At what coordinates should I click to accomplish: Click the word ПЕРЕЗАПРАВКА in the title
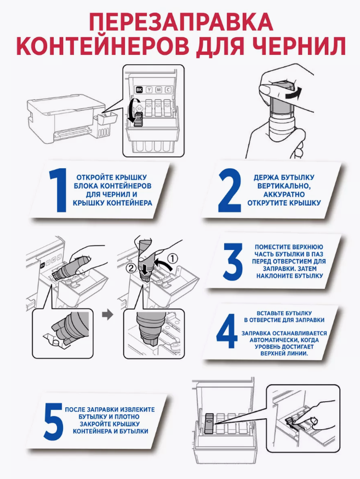pos(181,22)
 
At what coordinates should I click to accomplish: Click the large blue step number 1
pos(58,190)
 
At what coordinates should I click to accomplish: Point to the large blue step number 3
pos(233,261)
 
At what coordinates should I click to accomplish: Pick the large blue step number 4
pos(227,332)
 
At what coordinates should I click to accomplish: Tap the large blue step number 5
pos(54,421)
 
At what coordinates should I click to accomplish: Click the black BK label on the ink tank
pos(139,90)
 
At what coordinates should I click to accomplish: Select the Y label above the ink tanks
pos(149,90)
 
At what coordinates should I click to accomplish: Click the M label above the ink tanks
pos(159,90)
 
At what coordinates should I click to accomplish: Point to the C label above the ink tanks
pos(168,90)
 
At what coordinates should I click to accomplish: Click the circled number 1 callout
pos(173,259)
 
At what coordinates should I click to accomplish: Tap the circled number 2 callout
pos(131,269)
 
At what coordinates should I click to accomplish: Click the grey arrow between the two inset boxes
pos(107,315)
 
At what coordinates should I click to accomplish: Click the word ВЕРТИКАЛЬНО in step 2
pos(284,186)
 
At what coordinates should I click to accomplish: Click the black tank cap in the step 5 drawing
pos(209,424)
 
